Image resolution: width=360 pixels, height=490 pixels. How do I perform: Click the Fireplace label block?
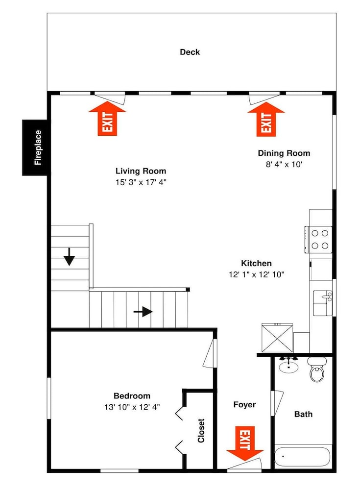click(35, 147)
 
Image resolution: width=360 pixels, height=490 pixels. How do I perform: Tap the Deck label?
click(190, 52)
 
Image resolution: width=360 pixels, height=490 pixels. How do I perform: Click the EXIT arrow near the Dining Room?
click(266, 120)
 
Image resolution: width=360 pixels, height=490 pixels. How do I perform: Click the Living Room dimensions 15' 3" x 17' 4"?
click(141, 182)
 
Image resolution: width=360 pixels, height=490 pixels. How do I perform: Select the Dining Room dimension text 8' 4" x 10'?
click(284, 164)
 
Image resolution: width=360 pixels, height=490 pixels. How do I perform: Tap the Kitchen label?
click(256, 263)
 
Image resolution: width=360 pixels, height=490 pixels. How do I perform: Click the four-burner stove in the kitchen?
click(318, 240)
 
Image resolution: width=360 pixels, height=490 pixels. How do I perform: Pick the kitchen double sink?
click(322, 303)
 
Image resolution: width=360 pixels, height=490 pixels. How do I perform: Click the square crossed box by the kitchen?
click(277, 338)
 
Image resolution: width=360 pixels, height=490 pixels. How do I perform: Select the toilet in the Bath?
click(317, 369)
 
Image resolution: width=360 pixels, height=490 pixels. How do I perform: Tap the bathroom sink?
click(288, 365)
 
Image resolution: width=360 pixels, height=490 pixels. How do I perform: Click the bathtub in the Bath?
click(302, 457)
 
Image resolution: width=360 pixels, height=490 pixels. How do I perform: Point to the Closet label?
click(201, 430)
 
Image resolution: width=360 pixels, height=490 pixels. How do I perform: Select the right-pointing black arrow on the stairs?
click(143, 312)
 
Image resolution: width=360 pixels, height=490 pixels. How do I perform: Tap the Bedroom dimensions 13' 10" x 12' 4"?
click(132, 407)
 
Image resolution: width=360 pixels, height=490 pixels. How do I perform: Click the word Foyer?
click(244, 405)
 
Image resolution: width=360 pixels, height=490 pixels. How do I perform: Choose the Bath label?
click(303, 414)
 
